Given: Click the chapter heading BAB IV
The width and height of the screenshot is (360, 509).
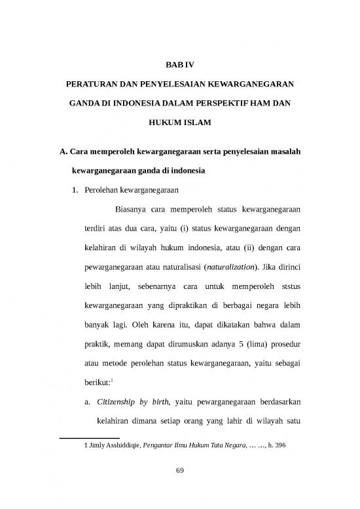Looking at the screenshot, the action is point(179,65).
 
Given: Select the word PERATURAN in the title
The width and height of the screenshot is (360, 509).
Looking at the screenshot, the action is point(96,85).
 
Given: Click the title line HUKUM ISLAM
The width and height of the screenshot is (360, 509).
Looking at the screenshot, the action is point(179,123).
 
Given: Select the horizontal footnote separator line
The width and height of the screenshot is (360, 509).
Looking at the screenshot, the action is point(89,436).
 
